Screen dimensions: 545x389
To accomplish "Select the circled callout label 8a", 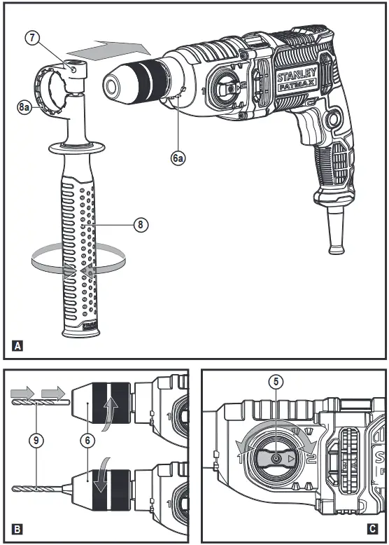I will coord(24,107).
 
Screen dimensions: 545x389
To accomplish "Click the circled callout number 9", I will coord(36,441).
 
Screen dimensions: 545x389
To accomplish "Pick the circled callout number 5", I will coord(277,382).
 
